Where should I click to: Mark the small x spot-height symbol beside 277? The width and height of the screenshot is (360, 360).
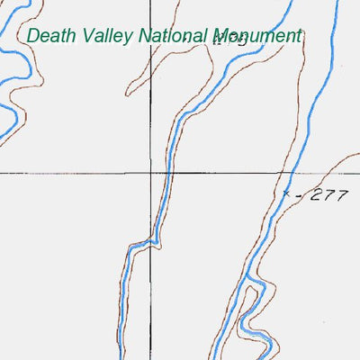pos(287,193)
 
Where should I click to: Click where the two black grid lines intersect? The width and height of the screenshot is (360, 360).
pos(150,172)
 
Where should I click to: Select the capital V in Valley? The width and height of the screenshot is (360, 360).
pos(84,36)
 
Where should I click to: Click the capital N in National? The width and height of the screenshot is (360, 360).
pos(144,36)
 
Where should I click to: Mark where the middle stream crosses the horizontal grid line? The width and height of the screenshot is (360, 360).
pos(169,172)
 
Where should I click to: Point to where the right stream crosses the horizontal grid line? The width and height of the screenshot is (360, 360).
pos(292,172)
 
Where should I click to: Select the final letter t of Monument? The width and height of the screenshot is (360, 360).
pos(297,37)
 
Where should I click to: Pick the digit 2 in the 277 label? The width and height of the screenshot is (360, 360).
pos(313,196)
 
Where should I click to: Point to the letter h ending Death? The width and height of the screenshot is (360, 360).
pos(67,36)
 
